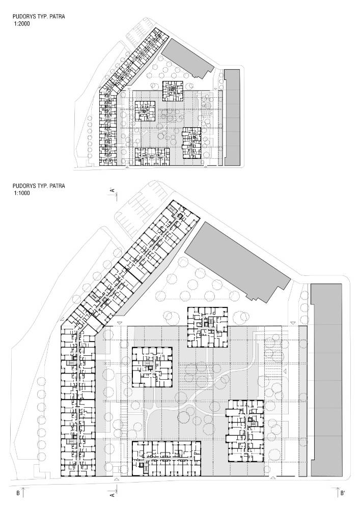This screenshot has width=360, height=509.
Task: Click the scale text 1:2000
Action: (22, 24)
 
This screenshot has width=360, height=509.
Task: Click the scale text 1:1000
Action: (22, 193)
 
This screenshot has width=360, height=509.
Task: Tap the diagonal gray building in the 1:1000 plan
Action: (237, 260)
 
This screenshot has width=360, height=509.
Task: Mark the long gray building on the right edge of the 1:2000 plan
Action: (232, 117)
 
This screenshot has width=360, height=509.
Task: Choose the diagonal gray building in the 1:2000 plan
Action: (187, 59)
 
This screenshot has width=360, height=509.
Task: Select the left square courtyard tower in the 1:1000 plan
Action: (152, 367)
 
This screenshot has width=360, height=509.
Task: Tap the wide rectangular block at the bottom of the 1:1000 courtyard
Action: (166, 459)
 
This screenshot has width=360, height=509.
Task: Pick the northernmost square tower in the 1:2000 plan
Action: (173, 91)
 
